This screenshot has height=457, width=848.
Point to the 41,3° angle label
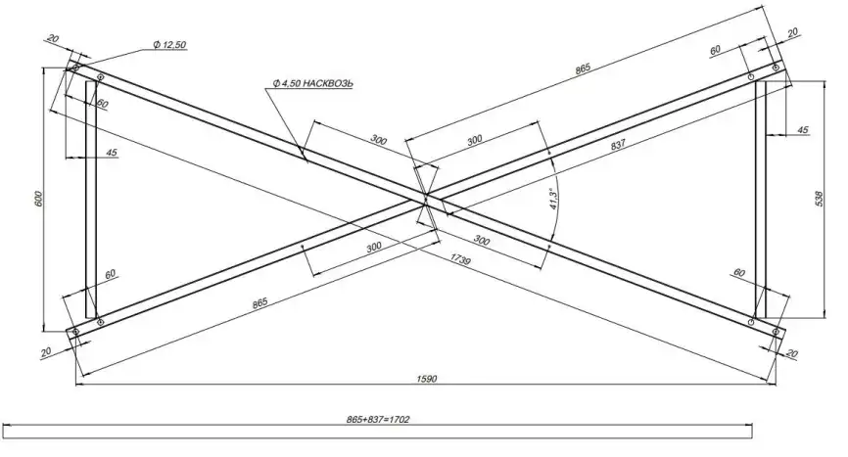553,196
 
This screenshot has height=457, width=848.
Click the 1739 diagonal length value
462,258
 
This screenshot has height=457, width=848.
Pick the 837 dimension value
618,145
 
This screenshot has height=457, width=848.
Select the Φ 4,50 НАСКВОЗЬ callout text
312,83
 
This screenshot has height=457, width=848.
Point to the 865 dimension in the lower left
259,303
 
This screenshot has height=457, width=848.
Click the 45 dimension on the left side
113,153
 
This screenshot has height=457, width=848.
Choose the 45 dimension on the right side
803,129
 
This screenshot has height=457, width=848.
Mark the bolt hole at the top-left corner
75,68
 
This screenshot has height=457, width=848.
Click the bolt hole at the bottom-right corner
776,333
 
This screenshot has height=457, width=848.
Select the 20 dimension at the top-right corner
792,32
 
